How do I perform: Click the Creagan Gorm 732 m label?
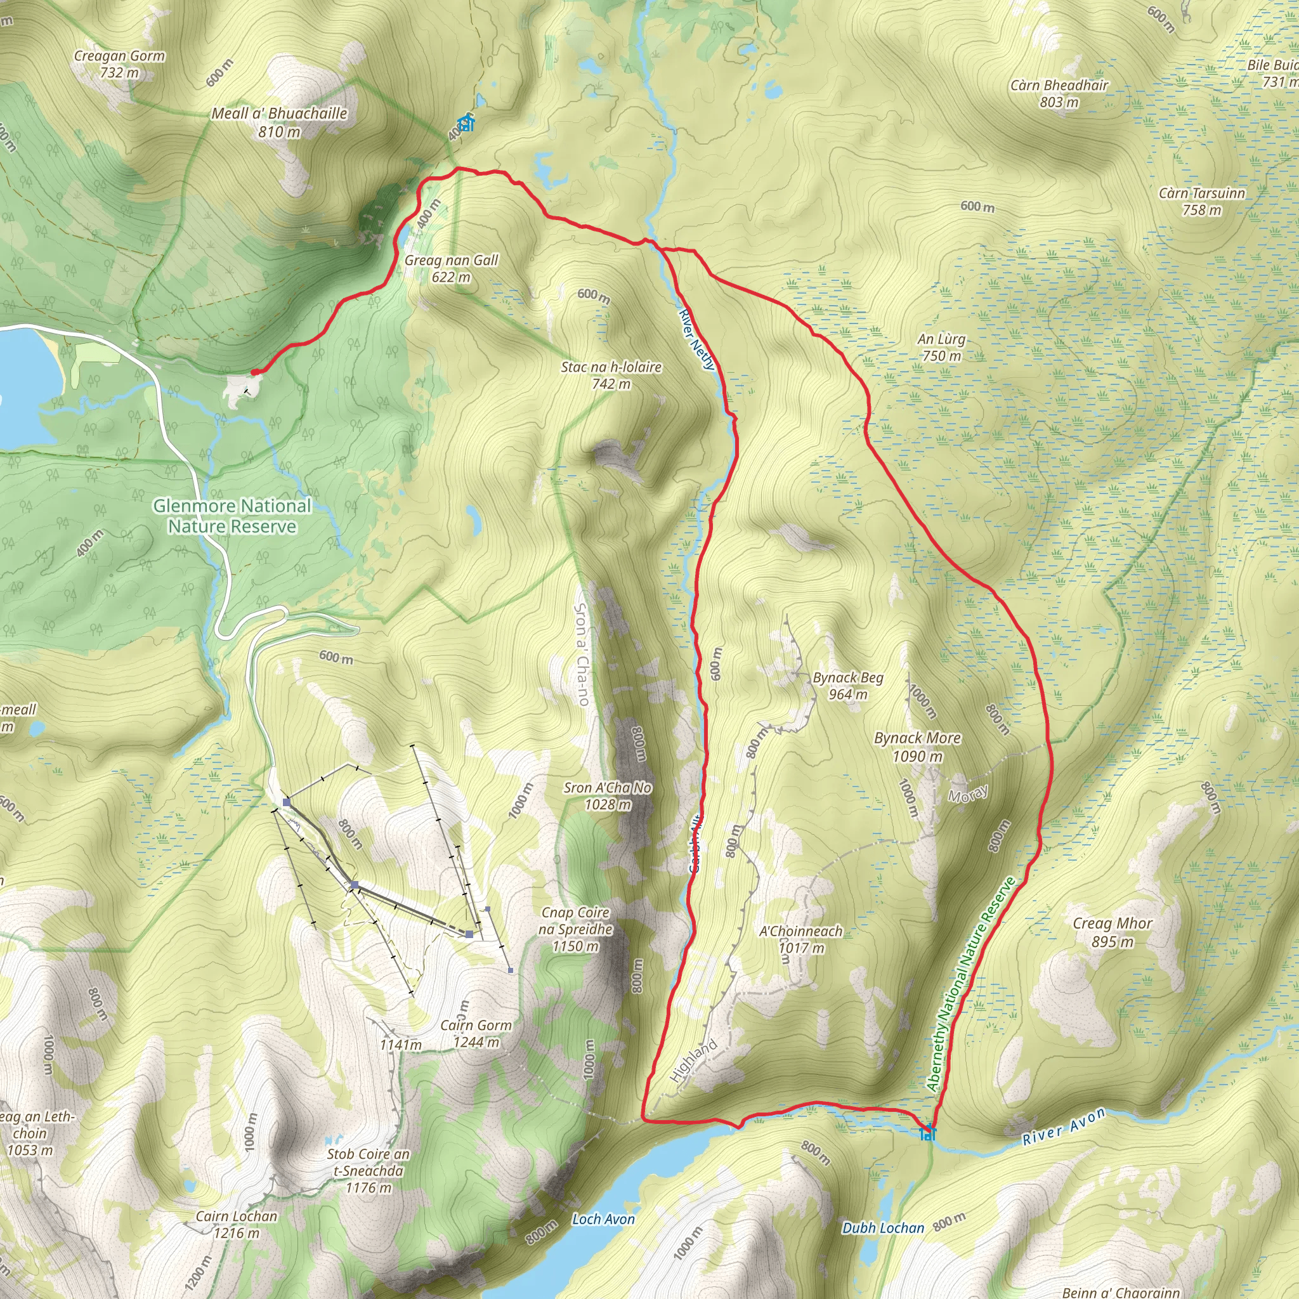point(119,65)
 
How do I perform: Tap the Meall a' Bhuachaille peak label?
point(279,122)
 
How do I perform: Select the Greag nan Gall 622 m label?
point(451,268)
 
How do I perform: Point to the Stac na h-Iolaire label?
point(611,375)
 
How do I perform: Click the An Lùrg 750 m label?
point(941,348)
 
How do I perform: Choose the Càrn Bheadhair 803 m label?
point(1059,93)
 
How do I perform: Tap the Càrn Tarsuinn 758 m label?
point(1201,201)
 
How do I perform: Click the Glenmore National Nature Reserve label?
point(232,516)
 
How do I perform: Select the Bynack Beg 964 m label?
point(848,686)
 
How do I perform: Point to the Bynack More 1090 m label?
point(917,747)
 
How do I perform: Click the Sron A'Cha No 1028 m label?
point(607,795)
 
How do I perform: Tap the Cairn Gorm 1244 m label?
point(476,1033)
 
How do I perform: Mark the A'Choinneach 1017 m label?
point(801,939)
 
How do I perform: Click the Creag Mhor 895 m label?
point(1112,932)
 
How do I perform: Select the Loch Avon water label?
point(603,1219)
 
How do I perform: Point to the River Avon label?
point(1064,1126)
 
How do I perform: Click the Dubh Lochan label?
point(883,1228)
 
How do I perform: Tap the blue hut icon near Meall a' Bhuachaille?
point(466,123)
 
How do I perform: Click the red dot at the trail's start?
point(254,372)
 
